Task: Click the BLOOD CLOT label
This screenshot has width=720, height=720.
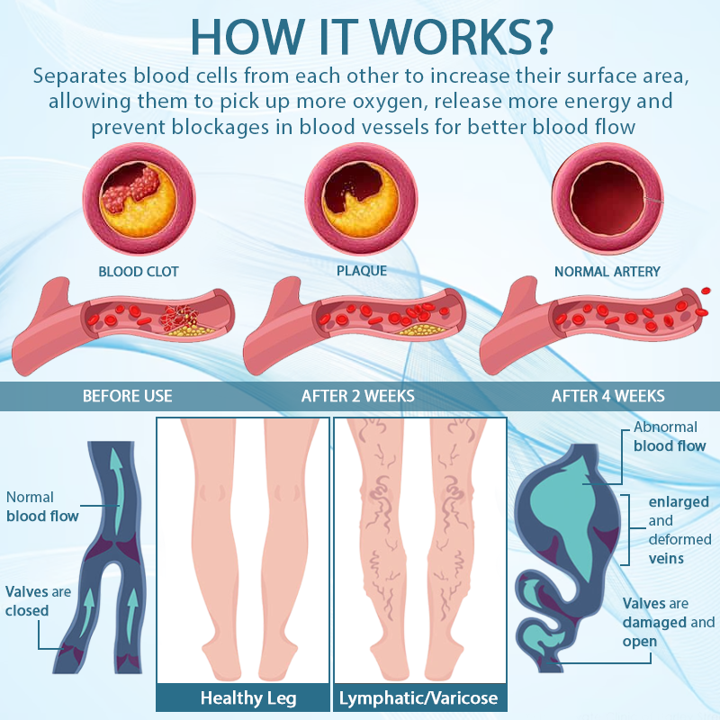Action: click(x=139, y=271)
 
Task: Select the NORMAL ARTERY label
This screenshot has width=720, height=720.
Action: click(x=607, y=271)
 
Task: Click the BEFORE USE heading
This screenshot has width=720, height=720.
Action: click(x=127, y=396)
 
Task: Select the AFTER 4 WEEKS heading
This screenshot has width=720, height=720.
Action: click(x=608, y=396)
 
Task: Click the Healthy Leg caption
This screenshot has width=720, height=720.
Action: click(x=247, y=697)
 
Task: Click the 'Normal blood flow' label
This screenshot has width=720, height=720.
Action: click(x=42, y=507)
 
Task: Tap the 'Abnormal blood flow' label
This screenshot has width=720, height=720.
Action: click(x=670, y=436)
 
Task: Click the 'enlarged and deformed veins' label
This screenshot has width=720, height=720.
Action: click(x=679, y=530)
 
